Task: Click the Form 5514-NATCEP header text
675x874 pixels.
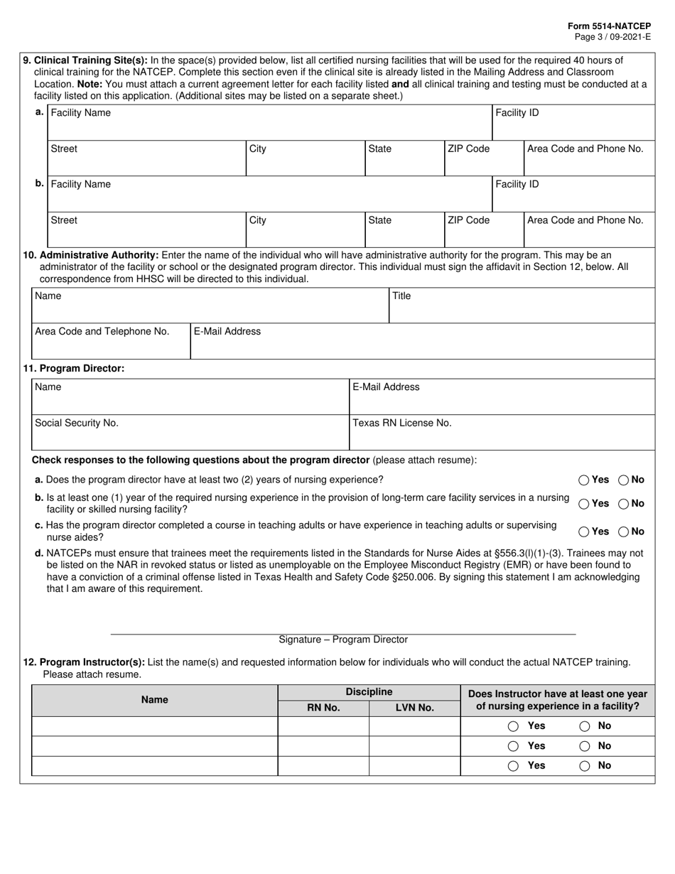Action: (x=609, y=26)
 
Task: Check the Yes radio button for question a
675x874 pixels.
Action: (x=584, y=480)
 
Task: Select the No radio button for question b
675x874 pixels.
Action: (x=623, y=504)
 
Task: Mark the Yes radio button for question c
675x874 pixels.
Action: (x=584, y=532)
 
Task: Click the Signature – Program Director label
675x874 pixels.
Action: (x=343, y=640)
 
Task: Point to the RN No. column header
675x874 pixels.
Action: (x=323, y=708)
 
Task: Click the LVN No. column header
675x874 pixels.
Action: (x=414, y=708)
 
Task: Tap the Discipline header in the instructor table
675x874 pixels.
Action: (x=369, y=692)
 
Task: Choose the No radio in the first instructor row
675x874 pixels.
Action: (x=585, y=726)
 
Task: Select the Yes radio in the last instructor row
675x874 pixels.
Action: (x=513, y=766)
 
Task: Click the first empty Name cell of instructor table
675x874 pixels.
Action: (x=154, y=726)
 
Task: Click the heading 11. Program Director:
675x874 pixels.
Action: (x=74, y=368)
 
